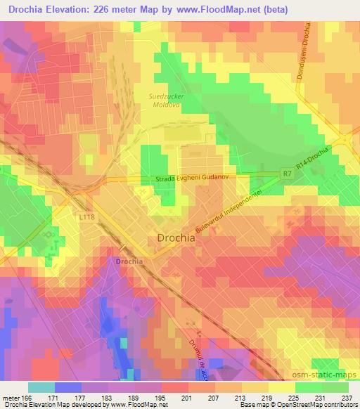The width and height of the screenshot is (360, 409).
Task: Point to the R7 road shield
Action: [x=285, y=172]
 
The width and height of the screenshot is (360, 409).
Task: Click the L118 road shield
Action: [x=86, y=217]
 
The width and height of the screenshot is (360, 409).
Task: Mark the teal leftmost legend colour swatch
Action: [x=41, y=387]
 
